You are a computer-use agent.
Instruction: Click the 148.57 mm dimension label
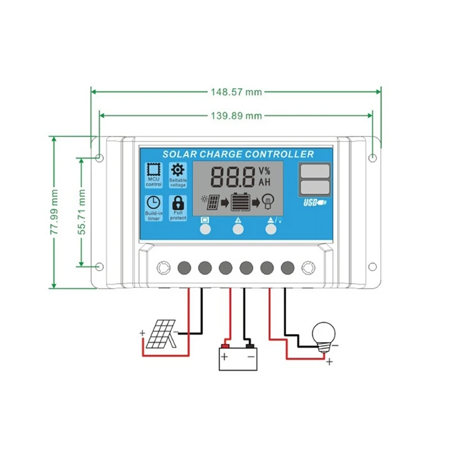coord(235,91)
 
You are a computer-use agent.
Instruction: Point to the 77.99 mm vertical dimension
coord(54,213)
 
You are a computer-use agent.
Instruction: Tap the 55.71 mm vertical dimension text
coord(82,212)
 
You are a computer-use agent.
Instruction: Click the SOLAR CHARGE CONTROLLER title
coord(238,154)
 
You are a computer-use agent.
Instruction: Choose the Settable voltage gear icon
coord(178,169)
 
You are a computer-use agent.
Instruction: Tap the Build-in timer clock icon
coord(153,203)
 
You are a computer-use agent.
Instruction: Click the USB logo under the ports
coord(314,203)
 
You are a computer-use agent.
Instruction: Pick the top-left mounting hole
coord(99,158)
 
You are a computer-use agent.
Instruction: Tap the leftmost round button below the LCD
coord(205,228)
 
